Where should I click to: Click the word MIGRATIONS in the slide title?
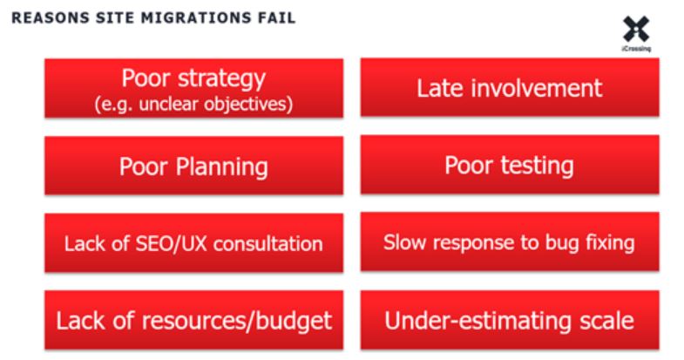coord(196,18)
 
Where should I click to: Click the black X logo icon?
coord(636,29)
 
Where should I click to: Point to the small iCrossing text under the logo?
coord(636,49)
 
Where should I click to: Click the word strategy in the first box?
coord(222,79)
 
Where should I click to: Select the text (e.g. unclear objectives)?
coord(193,105)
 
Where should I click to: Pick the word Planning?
coord(222,167)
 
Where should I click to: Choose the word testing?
coord(537,166)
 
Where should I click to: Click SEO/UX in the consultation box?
coord(172,243)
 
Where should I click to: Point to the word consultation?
coord(268,243)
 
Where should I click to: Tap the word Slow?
coord(404,242)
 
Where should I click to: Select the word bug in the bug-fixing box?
coord(562,243)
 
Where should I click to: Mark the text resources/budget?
coord(237,321)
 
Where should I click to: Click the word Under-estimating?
coord(478,321)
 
